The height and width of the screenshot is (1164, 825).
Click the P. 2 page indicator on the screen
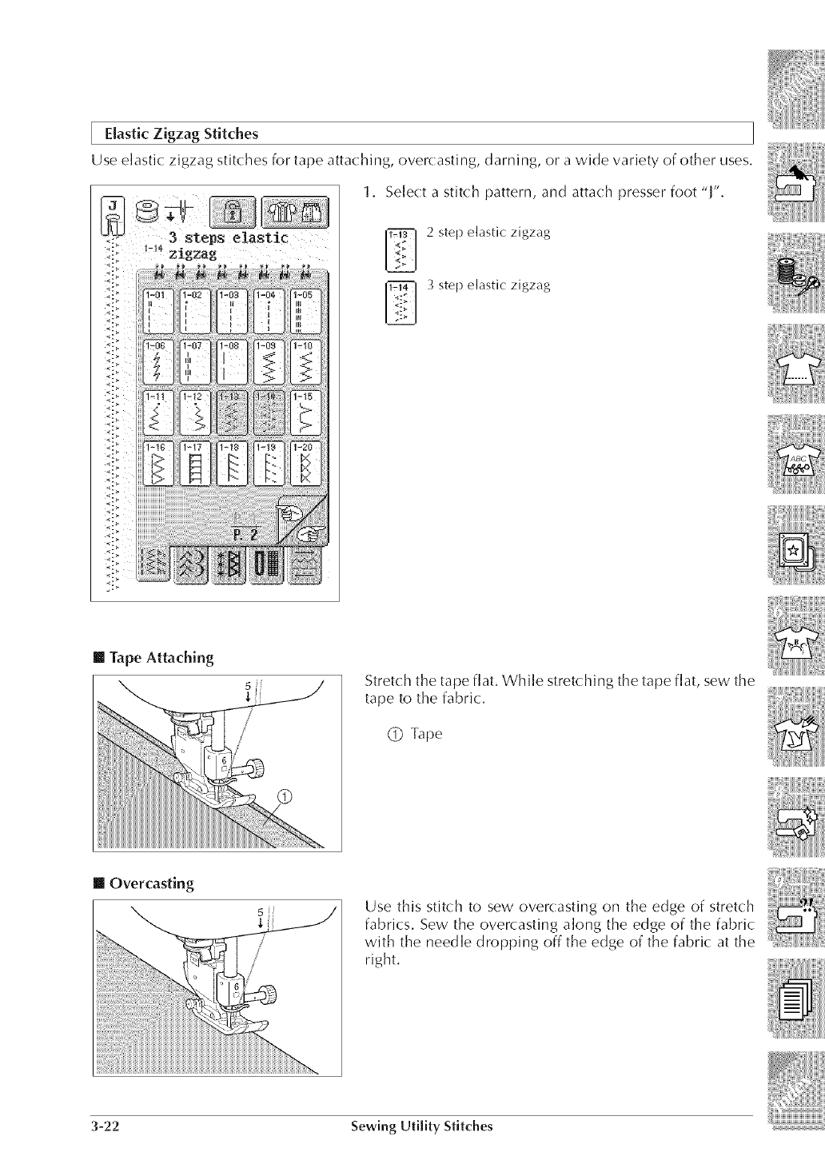click(243, 534)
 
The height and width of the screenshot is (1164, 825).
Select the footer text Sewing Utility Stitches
click(422, 1126)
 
